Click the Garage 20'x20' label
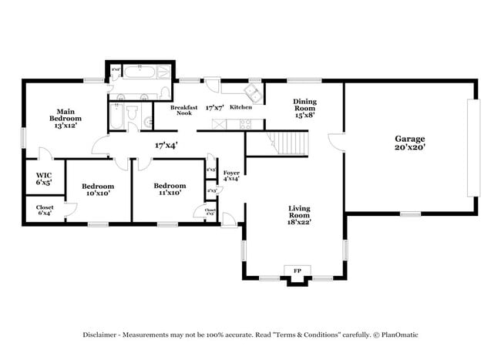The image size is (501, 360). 410,143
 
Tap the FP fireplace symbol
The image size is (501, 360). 297,271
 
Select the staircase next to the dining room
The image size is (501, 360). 291,143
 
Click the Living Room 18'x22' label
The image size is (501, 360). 299,215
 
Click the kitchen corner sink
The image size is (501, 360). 252,94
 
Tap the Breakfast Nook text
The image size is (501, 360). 184,110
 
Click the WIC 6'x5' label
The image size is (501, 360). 44,180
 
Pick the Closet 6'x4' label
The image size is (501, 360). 45,210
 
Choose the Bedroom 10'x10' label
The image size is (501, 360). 98,190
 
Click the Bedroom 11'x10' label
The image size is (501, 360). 169,189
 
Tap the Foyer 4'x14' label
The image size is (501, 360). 231,175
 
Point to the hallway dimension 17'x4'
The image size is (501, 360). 166,145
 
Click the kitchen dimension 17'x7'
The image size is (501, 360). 215,108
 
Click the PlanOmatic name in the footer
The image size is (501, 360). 398,335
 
